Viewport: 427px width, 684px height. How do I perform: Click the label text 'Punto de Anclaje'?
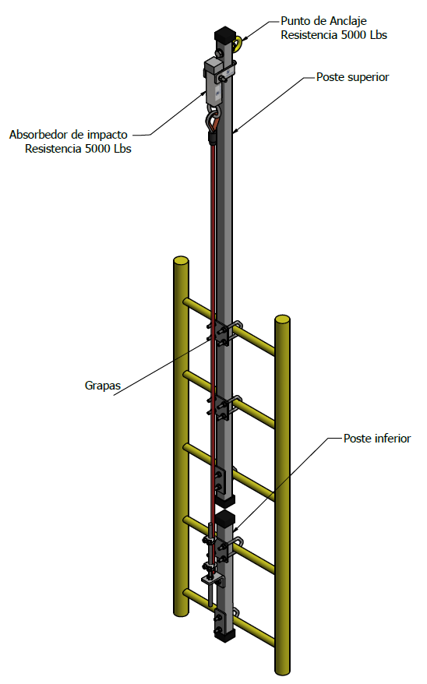click(x=323, y=21)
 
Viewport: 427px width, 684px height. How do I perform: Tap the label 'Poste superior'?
click(x=352, y=77)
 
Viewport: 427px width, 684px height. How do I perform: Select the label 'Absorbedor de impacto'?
click(x=69, y=135)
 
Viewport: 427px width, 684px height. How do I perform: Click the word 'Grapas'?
click(x=103, y=386)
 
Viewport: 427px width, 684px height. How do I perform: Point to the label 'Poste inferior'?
click(x=377, y=439)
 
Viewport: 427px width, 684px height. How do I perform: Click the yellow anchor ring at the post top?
click(x=238, y=44)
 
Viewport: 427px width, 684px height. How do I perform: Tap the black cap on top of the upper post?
click(x=225, y=34)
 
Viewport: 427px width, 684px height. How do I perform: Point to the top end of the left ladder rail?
click(x=181, y=260)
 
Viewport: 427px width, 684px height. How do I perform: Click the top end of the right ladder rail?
click(x=282, y=319)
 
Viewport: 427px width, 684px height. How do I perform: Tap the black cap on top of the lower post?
click(x=225, y=518)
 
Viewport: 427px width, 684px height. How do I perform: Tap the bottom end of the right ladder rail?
click(x=283, y=671)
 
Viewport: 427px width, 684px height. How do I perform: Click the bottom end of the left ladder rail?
click(x=181, y=613)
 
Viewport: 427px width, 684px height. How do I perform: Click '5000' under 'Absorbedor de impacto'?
click(x=98, y=149)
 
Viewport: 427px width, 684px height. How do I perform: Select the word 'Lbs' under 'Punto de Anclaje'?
click(x=379, y=35)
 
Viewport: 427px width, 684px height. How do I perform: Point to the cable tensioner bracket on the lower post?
click(x=212, y=580)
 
